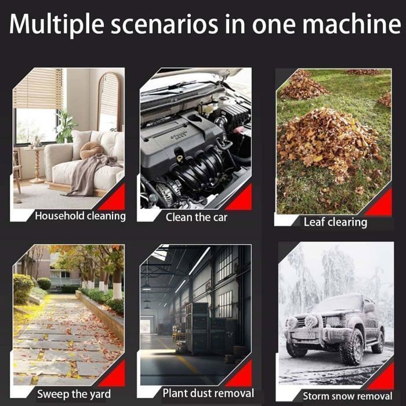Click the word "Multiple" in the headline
click(x=56, y=24)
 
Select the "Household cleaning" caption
click(x=80, y=216)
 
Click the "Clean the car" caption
click(x=196, y=217)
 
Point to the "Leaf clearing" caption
click(x=335, y=222)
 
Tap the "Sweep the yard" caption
click(x=74, y=394)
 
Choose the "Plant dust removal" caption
click(x=208, y=393)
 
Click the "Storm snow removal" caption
click(x=347, y=396)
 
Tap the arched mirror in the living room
click(x=108, y=101)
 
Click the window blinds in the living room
click(x=38, y=88)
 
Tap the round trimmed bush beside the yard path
click(x=44, y=284)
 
